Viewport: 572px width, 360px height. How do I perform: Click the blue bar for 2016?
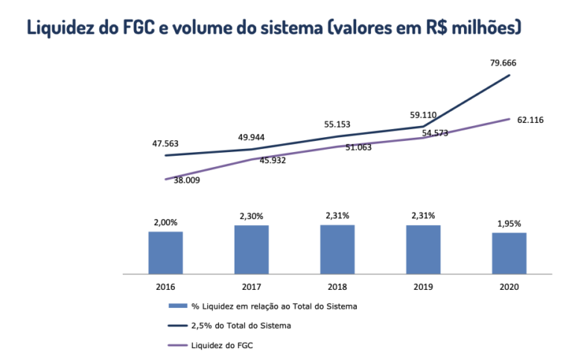(165, 253)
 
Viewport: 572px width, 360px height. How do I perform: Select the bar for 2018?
(337, 250)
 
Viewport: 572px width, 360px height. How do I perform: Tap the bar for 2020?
(509, 253)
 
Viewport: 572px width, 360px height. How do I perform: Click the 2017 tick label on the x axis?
(252, 286)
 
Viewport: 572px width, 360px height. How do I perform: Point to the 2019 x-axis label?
(423, 286)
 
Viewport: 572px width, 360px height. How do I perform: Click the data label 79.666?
(504, 63)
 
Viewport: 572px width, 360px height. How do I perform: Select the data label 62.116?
(532, 121)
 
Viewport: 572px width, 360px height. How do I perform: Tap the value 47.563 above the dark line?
(165, 143)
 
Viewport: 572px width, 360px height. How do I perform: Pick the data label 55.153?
(337, 124)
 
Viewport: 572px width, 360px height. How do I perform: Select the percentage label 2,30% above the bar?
(252, 215)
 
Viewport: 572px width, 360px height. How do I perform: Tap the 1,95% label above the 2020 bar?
(509, 223)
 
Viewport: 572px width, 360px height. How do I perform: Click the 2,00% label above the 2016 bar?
(165, 222)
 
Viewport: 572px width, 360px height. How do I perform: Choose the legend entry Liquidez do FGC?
(220, 345)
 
